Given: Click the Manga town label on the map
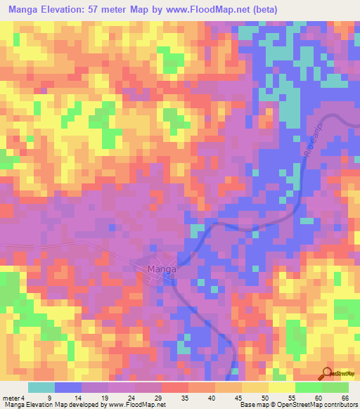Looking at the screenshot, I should tap(161, 268).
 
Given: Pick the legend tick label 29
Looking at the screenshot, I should tap(161, 398).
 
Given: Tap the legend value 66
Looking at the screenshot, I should tap(345, 398).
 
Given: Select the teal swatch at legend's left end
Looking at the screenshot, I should tap(41, 387).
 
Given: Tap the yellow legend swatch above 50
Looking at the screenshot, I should tap(255, 387).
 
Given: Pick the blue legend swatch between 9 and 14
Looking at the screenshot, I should tap(67, 387).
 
